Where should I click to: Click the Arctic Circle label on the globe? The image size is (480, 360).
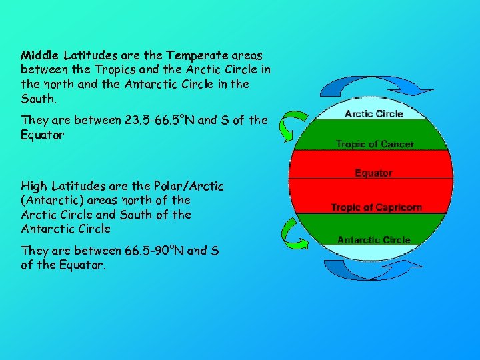tap(373, 114)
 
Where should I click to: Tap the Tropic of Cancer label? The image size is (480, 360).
tap(375, 144)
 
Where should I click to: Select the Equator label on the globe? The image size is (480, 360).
tap(373, 173)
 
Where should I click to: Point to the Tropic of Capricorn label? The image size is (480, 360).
tap(377, 207)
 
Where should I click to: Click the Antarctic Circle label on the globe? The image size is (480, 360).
tap(373, 240)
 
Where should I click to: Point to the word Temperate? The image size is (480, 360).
tap(193, 54)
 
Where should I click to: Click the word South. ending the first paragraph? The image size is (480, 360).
tap(39, 98)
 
